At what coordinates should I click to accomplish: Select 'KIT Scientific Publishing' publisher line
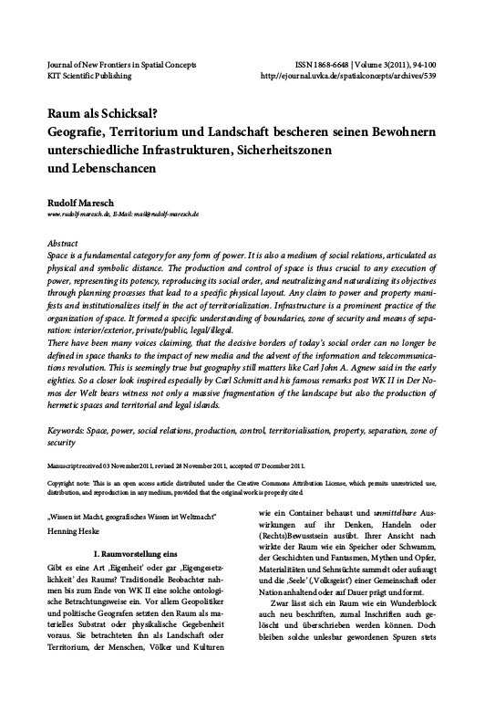(90, 78)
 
